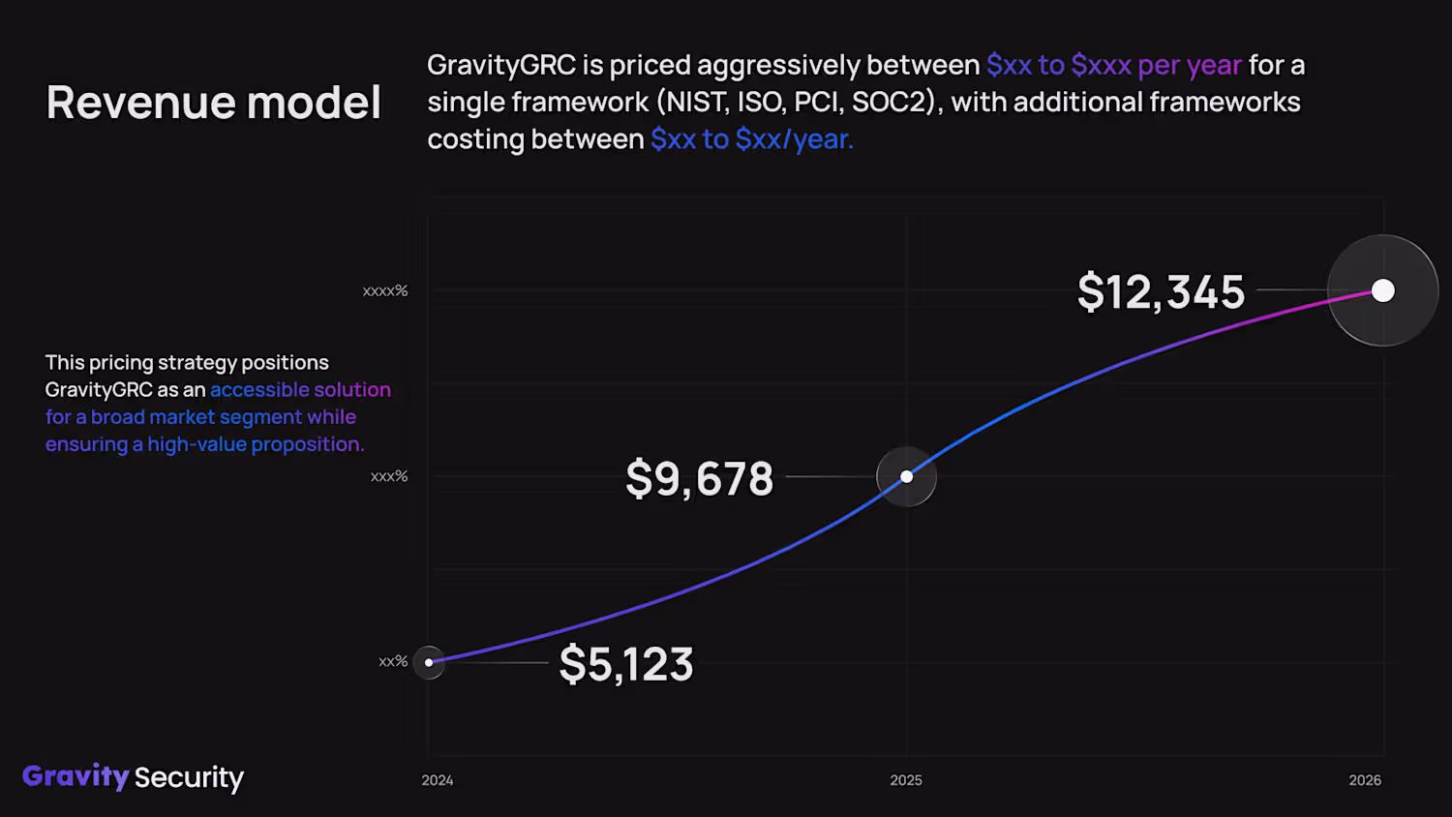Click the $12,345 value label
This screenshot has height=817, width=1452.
pyautogui.click(x=1161, y=291)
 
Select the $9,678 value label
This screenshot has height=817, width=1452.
pyautogui.click(x=699, y=478)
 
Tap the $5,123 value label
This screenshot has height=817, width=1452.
pyautogui.click(x=626, y=664)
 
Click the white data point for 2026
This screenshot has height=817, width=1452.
pyautogui.click(x=1383, y=290)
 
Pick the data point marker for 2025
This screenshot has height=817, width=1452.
pyautogui.click(x=906, y=476)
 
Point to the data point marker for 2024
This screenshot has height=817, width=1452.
pyautogui.click(x=429, y=662)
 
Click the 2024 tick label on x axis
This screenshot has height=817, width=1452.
pyautogui.click(x=438, y=780)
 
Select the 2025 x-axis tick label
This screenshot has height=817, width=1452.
pyautogui.click(x=906, y=780)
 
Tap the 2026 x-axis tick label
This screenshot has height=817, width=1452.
pyautogui.click(x=1365, y=780)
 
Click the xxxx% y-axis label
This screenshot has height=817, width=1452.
pyautogui.click(x=385, y=291)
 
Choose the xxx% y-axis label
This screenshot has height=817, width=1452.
pyautogui.click(x=389, y=476)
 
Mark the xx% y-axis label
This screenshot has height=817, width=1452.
pyautogui.click(x=393, y=662)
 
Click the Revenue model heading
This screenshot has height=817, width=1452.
pyautogui.click(x=214, y=103)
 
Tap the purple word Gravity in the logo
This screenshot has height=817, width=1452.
pyautogui.click(x=76, y=776)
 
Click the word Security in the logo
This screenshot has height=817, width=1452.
pyautogui.click(x=189, y=777)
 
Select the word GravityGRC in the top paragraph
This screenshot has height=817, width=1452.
pyautogui.click(x=501, y=65)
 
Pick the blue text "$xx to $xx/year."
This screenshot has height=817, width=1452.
pyautogui.click(x=752, y=139)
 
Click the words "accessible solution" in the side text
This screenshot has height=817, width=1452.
pyautogui.click(x=300, y=389)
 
